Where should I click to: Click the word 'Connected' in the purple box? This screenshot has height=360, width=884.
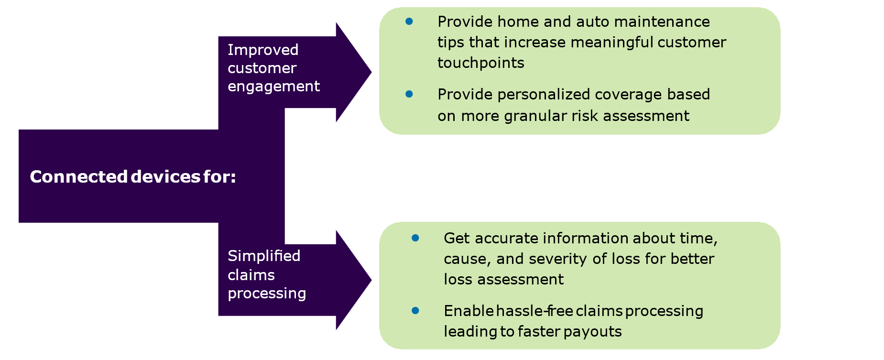pos(78,177)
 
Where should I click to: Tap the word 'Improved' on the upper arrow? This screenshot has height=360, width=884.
pos(263,50)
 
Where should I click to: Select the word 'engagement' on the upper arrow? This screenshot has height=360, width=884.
pos(273,87)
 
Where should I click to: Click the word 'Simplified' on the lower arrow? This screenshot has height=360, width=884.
pos(264,256)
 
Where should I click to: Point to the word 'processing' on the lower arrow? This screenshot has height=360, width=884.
pos(267,293)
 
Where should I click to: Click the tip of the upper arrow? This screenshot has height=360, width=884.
pos(370,72)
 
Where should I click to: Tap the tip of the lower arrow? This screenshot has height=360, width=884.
pos(370,280)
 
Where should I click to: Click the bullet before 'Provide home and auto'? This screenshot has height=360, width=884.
pos(409,21)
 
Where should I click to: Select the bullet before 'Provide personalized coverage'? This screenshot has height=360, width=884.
pos(409,94)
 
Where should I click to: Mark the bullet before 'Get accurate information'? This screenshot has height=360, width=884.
pos(415,238)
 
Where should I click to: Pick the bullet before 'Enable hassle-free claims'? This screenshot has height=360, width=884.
pos(415,311)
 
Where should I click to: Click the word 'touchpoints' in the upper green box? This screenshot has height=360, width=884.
pos(480,63)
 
